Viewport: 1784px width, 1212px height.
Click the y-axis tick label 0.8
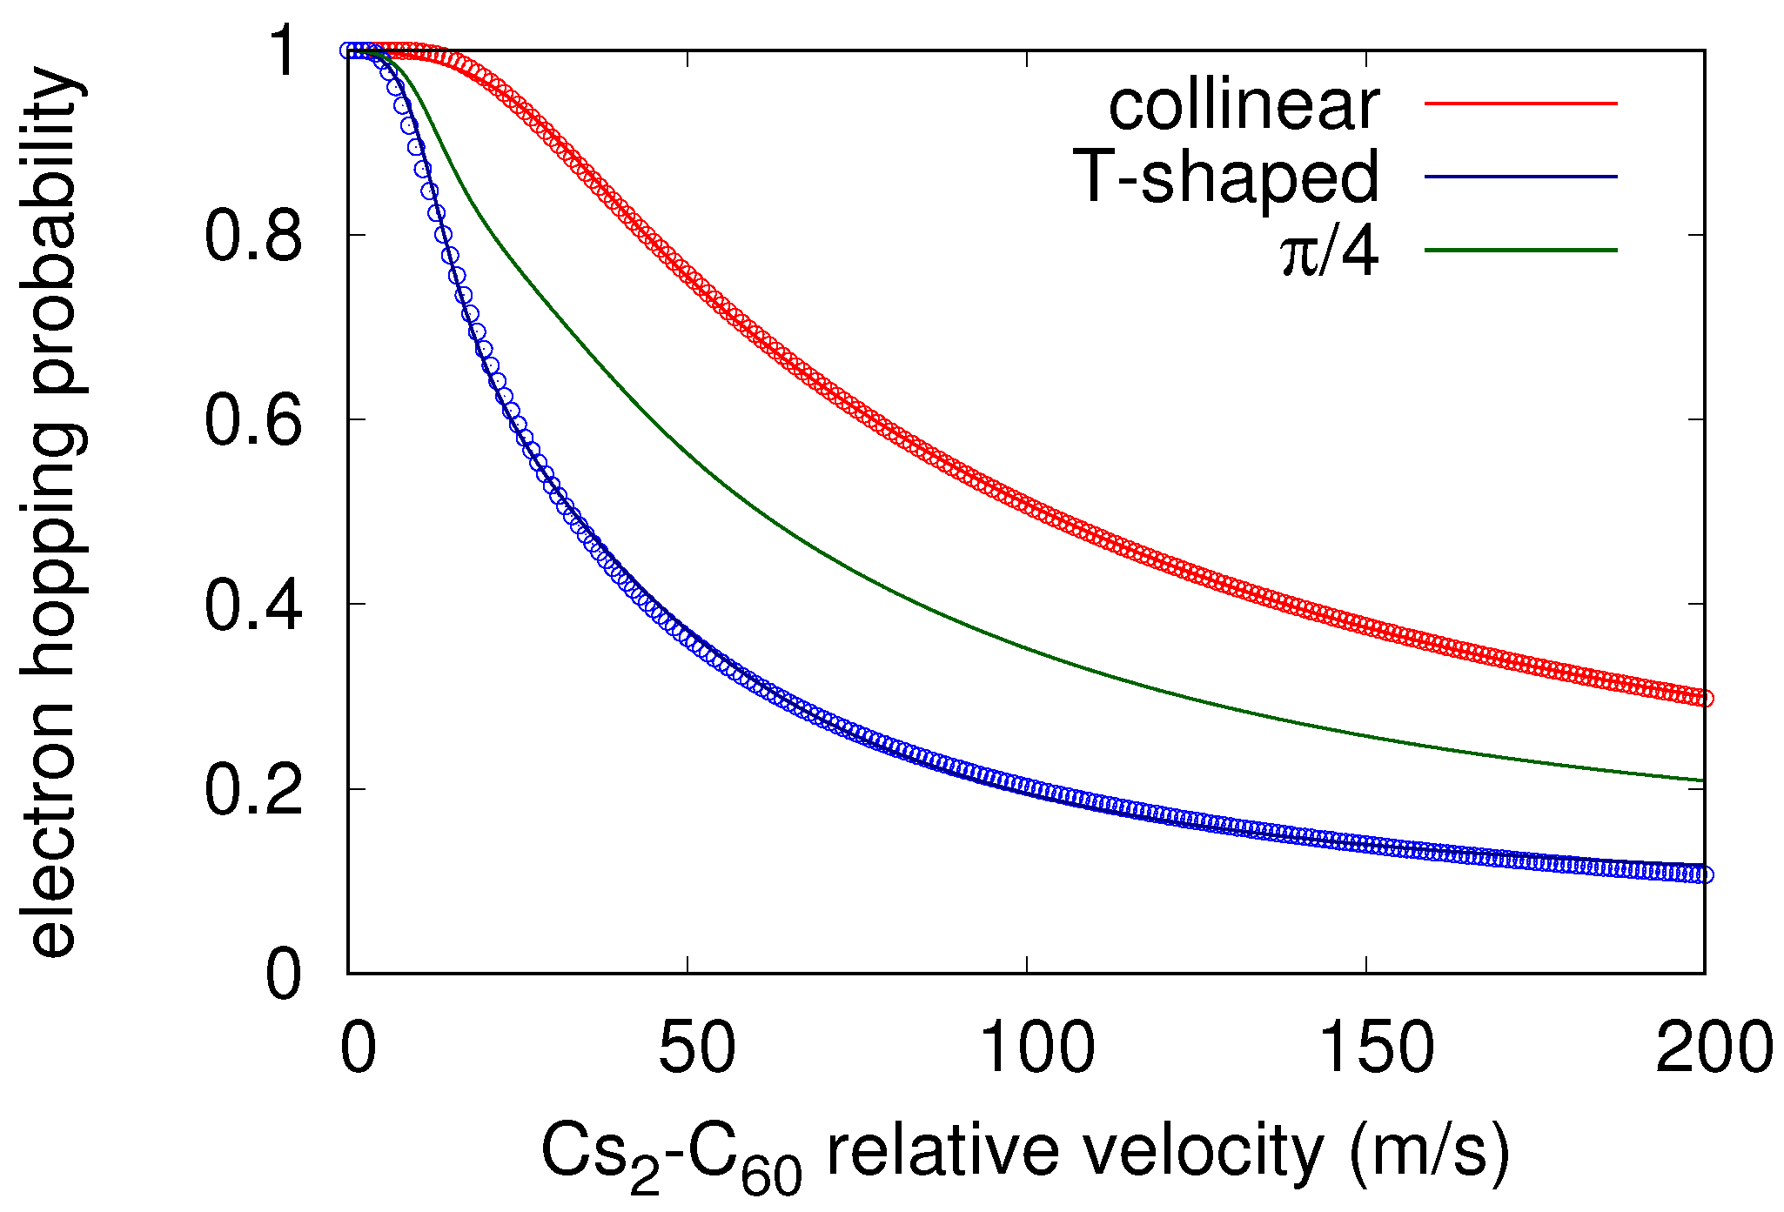253,236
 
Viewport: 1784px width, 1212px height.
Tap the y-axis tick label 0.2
253,790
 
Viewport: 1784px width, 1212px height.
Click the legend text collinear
1244,106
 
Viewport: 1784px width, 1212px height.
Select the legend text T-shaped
1230,178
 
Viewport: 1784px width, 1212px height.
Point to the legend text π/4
1330,253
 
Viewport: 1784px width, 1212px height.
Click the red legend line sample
1520,104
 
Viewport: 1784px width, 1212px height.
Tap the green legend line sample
1520,251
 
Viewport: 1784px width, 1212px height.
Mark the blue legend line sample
1520,177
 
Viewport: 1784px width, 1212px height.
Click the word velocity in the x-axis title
1204,1151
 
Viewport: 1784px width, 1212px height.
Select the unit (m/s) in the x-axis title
1429,1151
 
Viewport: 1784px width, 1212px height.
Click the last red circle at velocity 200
1705,699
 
